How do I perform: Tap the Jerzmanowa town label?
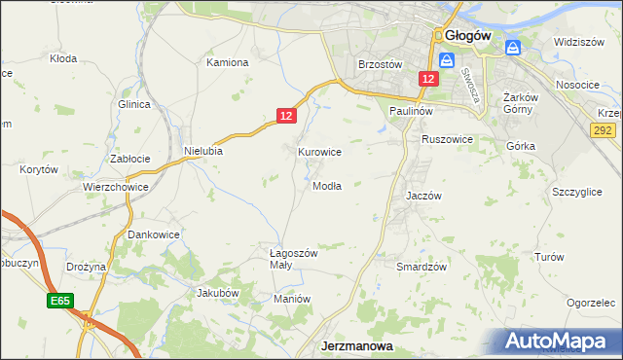356,346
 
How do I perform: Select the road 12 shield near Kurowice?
285,116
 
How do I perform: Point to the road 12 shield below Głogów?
428,78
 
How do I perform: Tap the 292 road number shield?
604,128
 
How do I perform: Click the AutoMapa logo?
562,342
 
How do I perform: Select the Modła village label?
327,186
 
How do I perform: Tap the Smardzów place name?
421,267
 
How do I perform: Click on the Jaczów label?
423,196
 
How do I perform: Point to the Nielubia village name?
203,151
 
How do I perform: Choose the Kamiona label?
228,62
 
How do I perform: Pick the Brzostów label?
381,64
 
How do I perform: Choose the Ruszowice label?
447,140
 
